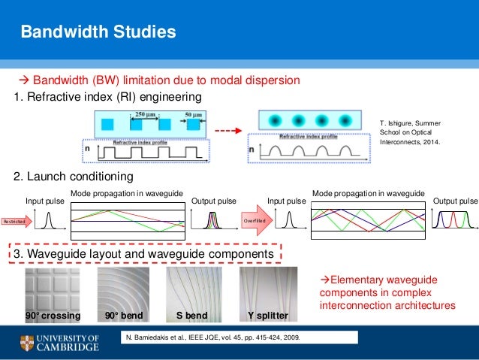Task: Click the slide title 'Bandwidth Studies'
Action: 98,32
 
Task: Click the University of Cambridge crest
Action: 29,343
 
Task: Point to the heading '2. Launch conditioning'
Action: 74,177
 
